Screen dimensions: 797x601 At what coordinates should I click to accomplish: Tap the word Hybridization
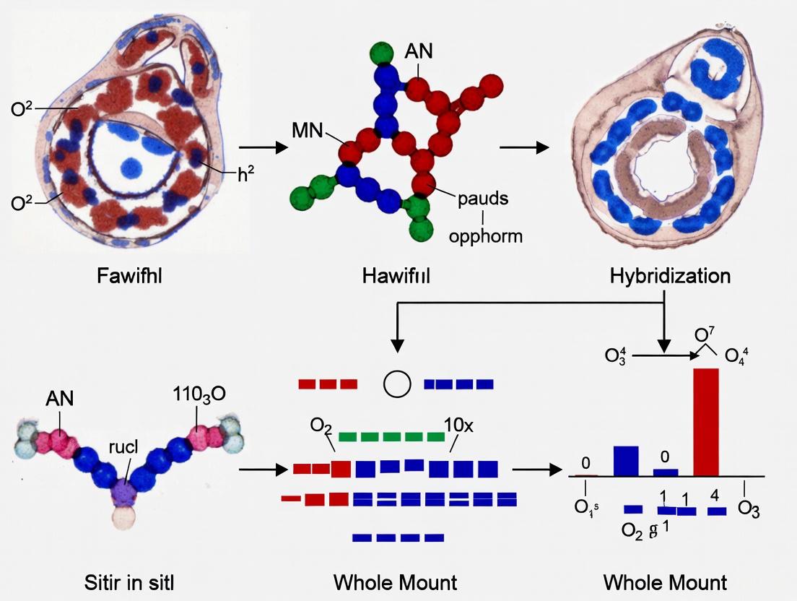pos(670,276)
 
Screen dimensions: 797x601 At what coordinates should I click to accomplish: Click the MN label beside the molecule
pos(308,131)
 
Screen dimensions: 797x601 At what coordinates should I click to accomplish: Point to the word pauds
pos(483,199)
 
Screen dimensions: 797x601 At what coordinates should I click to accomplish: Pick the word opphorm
pos(485,235)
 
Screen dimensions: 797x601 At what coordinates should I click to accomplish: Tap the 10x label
pos(458,425)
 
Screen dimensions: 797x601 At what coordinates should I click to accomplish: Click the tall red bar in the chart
pos(706,422)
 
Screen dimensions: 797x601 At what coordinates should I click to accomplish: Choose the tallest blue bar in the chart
pos(625,461)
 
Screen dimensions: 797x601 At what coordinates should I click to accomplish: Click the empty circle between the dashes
pos(396,384)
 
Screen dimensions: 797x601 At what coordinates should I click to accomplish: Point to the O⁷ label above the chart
pos(705,334)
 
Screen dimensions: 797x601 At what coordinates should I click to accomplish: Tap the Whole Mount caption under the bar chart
pos(664,582)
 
